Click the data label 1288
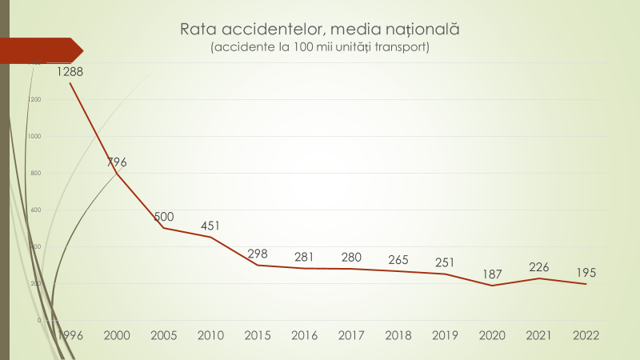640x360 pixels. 70,71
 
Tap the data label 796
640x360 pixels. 118,162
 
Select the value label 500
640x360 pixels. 164,217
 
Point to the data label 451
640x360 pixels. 210,226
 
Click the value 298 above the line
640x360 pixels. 258,254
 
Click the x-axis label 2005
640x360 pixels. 164,334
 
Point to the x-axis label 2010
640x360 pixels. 210,334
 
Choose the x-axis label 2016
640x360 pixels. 304,334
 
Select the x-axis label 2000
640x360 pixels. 118,334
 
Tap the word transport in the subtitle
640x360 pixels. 400,48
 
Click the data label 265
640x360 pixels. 397,259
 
